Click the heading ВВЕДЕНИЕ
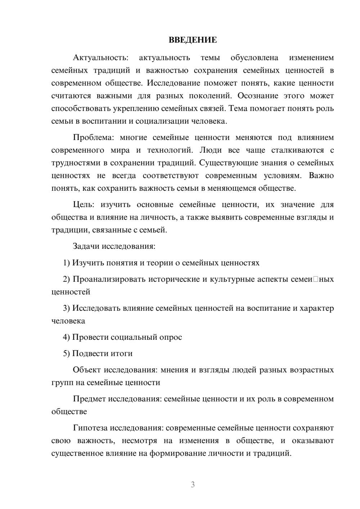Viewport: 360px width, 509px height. click(x=193, y=40)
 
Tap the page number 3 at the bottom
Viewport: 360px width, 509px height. click(x=193, y=485)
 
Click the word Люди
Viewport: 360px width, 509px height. click(x=208, y=150)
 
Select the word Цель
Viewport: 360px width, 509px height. click(x=84, y=204)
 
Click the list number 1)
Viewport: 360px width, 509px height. click(x=67, y=263)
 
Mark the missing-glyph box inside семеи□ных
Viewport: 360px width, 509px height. click(x=316, y=279)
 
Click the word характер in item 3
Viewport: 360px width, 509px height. click(x=317, y=308)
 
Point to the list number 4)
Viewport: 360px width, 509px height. click(x=67, y=337)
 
